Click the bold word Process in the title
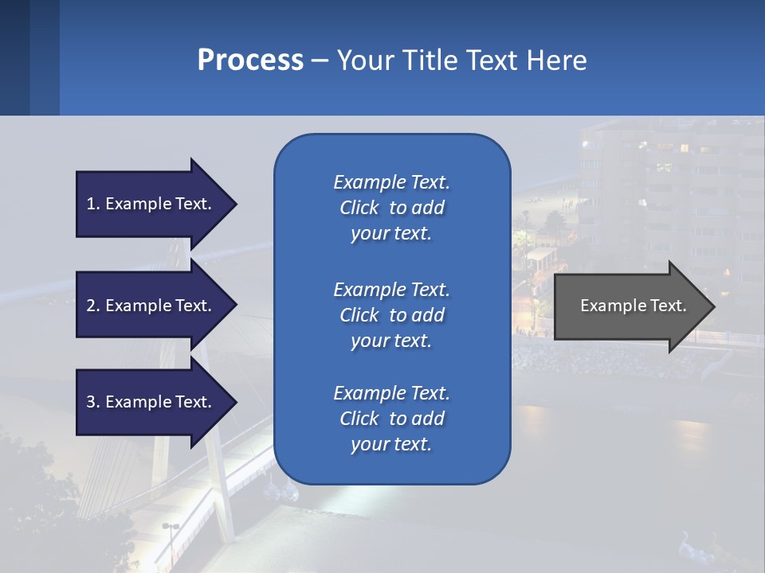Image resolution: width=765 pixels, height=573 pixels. point(250,60)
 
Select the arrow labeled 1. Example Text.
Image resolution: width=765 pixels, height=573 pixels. point(151,204)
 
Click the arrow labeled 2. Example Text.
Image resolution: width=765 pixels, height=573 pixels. point(151,306)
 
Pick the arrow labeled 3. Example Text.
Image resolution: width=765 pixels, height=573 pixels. point(151,402)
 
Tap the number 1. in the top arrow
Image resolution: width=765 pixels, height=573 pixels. point(93,204)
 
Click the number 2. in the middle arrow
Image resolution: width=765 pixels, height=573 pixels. point(93,306)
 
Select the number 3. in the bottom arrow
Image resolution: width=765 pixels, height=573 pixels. point(93,402)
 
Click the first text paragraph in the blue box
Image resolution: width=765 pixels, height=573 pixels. point(391,208)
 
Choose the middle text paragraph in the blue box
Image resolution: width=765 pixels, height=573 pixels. point(391,315)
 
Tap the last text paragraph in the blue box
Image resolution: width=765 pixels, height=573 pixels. point(391,419)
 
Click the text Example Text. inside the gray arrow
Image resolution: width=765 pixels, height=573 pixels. point(633,306)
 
